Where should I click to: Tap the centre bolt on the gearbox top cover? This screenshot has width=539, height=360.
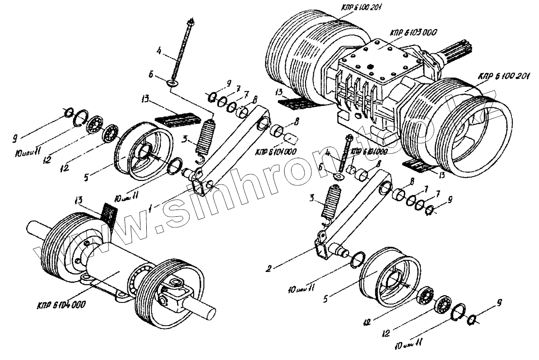[x=370, y=67]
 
